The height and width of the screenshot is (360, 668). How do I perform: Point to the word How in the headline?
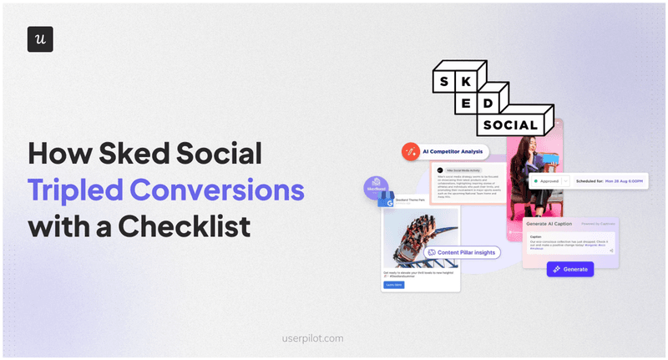[58, 154]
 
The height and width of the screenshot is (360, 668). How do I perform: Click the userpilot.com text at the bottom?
[314, 339]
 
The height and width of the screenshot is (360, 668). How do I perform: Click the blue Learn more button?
[393, 285]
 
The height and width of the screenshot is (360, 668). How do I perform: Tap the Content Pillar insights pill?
[462, 251]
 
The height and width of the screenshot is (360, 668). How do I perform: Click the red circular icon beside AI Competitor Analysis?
[410, 151]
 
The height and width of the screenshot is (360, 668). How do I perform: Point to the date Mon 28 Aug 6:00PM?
[623, 180]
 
